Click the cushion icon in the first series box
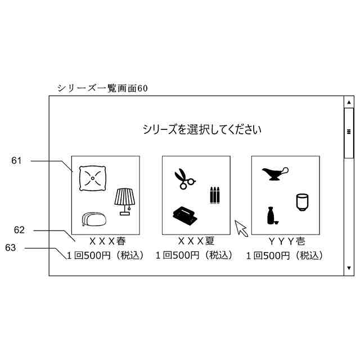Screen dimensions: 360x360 tap(92, 178)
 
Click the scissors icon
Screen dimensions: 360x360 tap(184, 179)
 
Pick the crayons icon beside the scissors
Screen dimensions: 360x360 tap(214, 195)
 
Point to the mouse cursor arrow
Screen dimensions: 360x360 tap(241, 228)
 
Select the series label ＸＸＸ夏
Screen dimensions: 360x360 tap(196, 241)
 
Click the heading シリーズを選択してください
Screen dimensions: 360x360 tap(202, 129)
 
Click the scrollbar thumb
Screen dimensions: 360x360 tap(349, 133)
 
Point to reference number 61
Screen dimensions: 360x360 tap(16, 161)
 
